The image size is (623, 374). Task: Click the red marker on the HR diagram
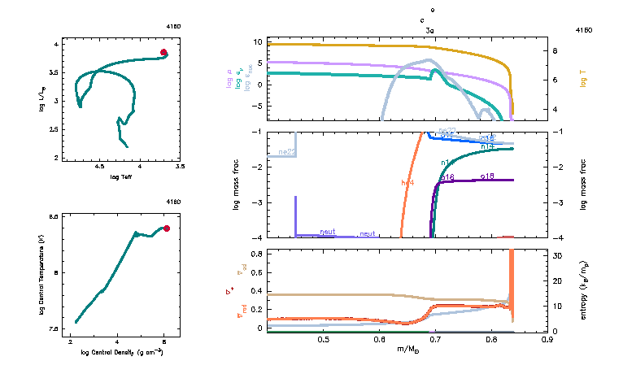(x=163, y=53)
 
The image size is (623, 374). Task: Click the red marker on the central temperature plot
(x=167, y=228)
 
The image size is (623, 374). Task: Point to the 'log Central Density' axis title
(x=124, y=353)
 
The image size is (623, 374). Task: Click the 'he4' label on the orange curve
(x=408, y=182)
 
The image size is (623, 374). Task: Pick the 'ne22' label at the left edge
(x=286, y=152)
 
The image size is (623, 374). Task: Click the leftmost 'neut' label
(x=328, y=232)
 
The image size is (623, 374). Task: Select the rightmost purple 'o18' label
(x=488, y=176)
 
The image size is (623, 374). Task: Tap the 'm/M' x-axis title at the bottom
(x=407, y=350)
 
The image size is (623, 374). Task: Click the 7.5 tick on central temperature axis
(x=55, y=328)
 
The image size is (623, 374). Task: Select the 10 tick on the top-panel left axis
(x=258, y=41)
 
